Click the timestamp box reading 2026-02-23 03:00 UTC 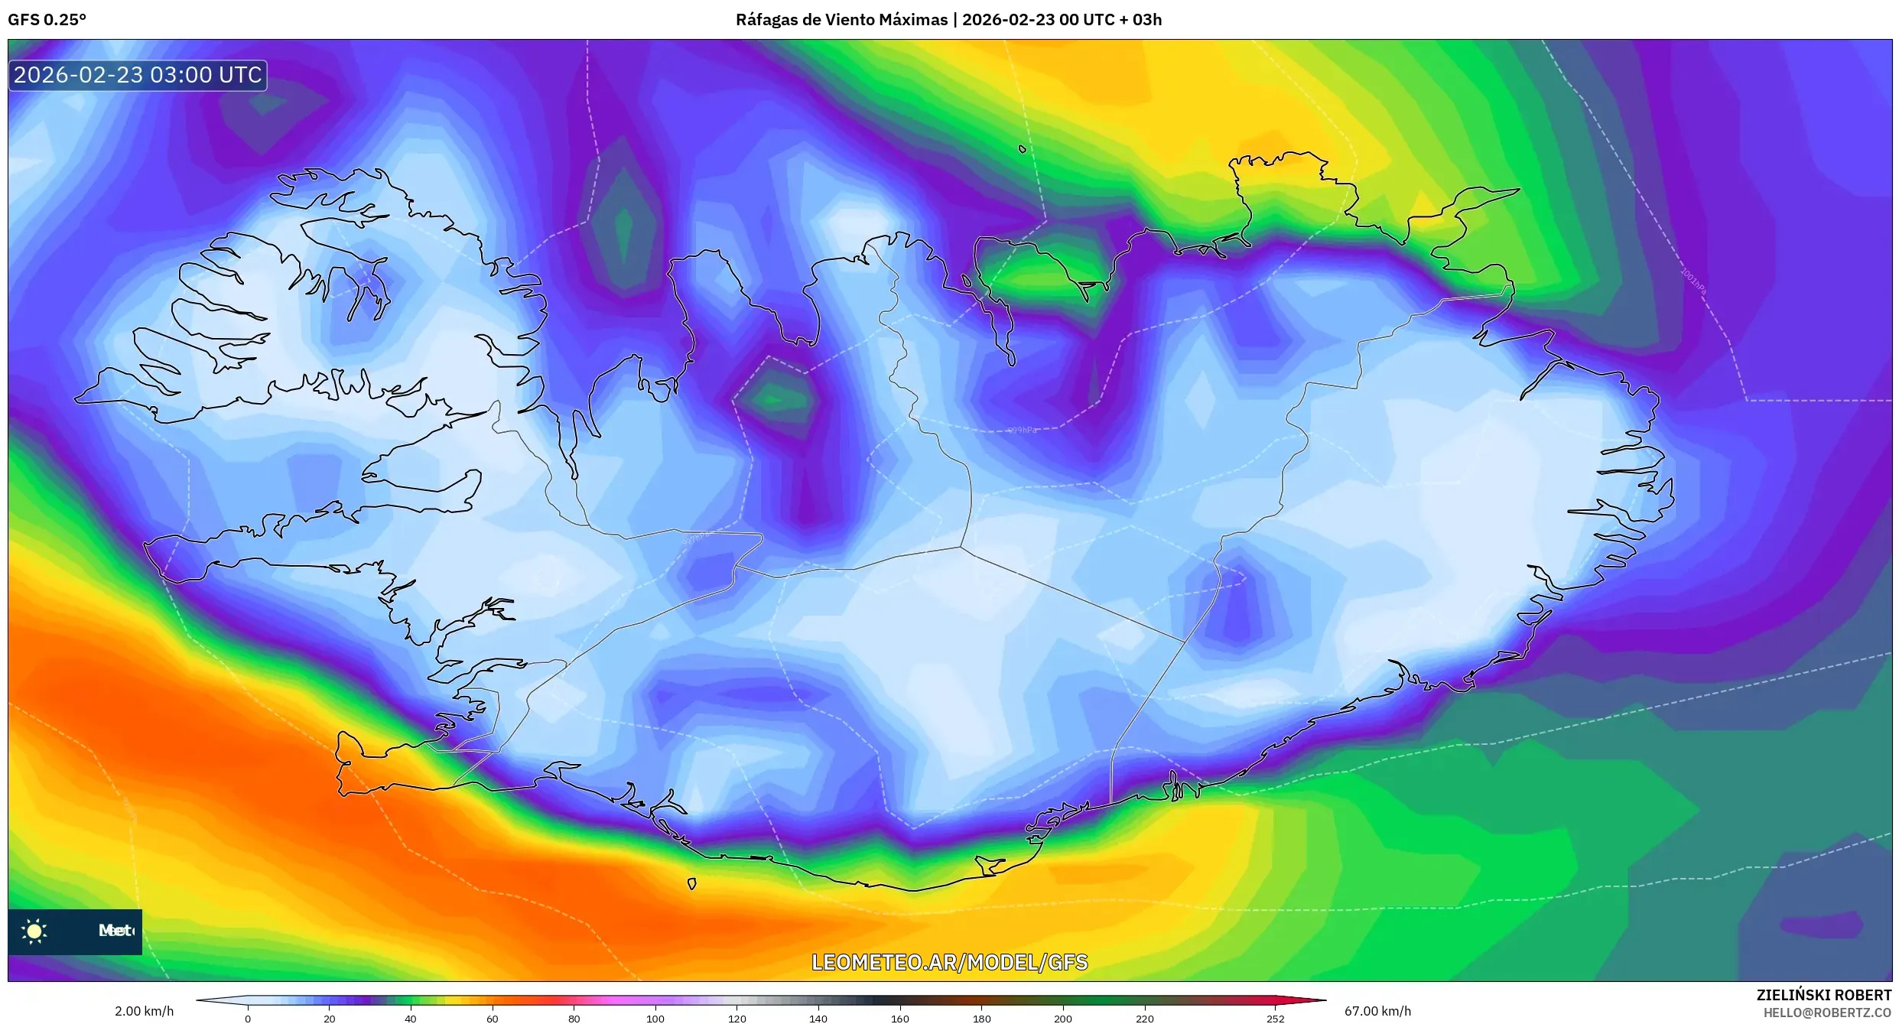click(x=138, y=75)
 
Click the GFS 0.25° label click(x=47, y=20)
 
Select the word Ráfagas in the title click(x=764, y=20)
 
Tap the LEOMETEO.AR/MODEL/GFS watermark click(x=949, y=962)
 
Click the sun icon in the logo click(x=34, y=931)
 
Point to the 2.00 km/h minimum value click(x=144, y=1011)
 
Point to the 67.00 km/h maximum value click(x=1377, y=1011)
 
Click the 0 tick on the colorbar click(x=248, y=1018)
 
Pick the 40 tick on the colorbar click(x=411, y=1018)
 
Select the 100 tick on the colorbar click(x=655, y=1018)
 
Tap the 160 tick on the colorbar click(x=900, y=1018)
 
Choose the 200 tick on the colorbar click(x=1063, y=1018)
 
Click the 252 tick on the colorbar click(x=1275, y=1018)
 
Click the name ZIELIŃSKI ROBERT click(x=1823, y=995)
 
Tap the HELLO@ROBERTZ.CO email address click(x=1827, y=1013)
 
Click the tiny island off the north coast click(x=1023, y=149)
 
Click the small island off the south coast click(x=691, y=884)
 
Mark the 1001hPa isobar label click(x=1693, y=282)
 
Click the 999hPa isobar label click(x=1022, y=431)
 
